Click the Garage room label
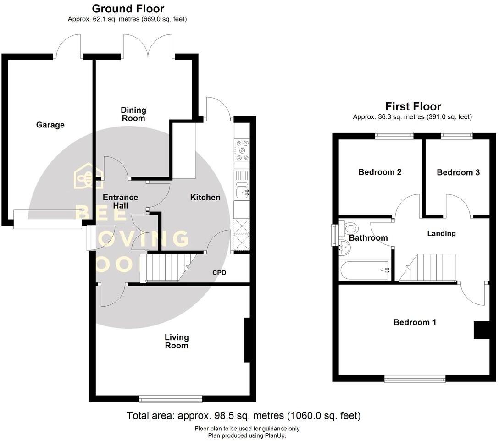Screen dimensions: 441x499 50,125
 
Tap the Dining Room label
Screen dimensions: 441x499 133,114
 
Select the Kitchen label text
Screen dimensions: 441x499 205,198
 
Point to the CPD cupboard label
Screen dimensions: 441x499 219,273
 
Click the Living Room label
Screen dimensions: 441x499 177,342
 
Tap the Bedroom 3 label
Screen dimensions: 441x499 458,172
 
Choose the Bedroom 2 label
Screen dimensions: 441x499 380,172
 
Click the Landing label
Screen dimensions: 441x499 441,233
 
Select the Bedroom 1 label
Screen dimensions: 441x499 415,322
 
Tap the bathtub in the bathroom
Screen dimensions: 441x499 365,270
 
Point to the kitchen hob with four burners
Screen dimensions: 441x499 241,150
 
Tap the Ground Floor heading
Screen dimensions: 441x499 128,8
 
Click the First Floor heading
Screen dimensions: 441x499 413,106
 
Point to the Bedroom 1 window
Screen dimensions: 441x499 415,379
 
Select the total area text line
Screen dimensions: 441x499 244,416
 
